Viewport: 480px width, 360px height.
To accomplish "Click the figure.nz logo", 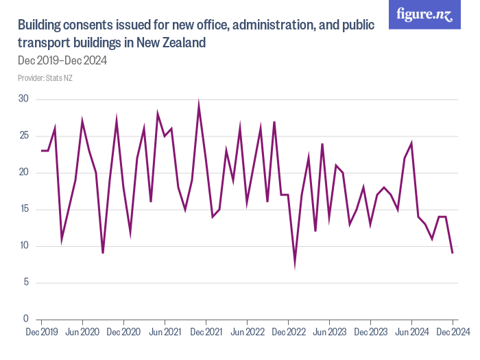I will pyautogui.click(x=424, y=15).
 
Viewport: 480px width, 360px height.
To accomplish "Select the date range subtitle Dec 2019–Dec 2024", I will pyautogui.click(x=62, y=60).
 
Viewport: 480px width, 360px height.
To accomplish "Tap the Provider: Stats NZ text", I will pyautogui.click(x=45, y=78).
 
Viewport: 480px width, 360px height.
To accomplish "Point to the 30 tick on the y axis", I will pyautogui.click(x=24, y=99).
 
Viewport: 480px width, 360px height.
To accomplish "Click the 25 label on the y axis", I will pyautogui.click(x=24, y=136).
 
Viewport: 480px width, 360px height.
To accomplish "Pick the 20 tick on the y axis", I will pyautogui.click(x=24, y=173).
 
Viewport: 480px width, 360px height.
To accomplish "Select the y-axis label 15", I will pyautogui.click(x=24, y=209).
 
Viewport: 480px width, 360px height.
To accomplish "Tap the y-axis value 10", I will pyautogui.click(x=24, y=246).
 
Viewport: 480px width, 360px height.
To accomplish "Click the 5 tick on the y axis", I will pyautogui.click(x=26, y=283).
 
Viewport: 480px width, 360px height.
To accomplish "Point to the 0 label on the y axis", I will pyautogui.click(x=26, y=320).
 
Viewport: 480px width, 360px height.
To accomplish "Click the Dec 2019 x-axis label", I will pyautogui.click(x=41, y=332).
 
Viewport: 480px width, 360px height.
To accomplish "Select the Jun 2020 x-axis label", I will pyautogui.click(x=82, y=332).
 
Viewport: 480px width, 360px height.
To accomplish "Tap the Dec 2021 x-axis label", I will pyautogui.click(x=206, y=332).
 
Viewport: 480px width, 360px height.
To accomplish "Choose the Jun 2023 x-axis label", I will pyautogui.click(x=329, y=332).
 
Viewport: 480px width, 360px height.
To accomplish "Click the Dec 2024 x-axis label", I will pyautogui.click(x=453, y=332).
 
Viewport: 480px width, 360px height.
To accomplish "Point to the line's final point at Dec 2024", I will pyautogui.click(x=453, y=253).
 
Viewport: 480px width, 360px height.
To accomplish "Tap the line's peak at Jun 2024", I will pyautogui.click(x=411, y=143).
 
